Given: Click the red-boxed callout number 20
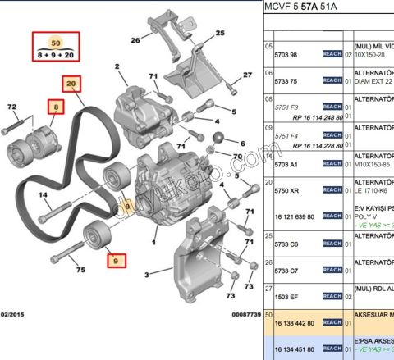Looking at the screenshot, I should [71, 83].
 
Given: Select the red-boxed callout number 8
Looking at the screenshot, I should [55, 107].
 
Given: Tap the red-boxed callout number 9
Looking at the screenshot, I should [116, 262].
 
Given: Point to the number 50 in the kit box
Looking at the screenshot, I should [56, 42].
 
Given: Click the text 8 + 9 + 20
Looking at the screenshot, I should [56, 55].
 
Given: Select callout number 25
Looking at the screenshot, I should [219, 34].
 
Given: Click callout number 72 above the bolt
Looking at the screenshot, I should [11, 107].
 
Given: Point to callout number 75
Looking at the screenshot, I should [80, 269].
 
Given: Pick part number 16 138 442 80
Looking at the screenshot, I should [293, 323].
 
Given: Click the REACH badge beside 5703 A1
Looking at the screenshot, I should [332, 162].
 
